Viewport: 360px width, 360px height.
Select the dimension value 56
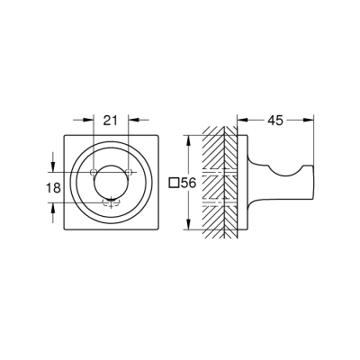(188, 183)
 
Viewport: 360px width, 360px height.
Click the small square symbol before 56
(174, 183)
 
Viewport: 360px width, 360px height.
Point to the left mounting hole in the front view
(94, 173)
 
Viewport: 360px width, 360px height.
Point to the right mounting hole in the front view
(130, 173)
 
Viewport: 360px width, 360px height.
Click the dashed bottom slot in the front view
(112, 202)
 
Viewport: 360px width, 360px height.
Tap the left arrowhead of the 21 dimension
(91, 118)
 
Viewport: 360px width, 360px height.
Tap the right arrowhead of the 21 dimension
(133, 118)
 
